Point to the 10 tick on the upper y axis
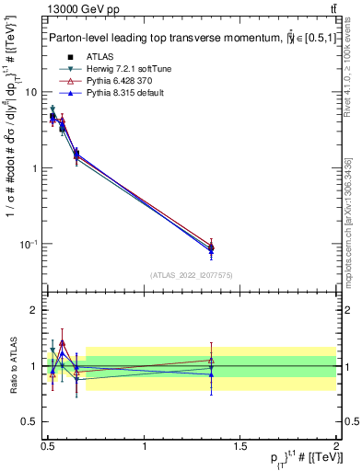click(32, 92)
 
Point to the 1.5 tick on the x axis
click(240, 445)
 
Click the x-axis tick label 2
click(335, 445)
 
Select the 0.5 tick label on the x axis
click(48, 445)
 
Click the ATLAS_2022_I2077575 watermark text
click(190, 275)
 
